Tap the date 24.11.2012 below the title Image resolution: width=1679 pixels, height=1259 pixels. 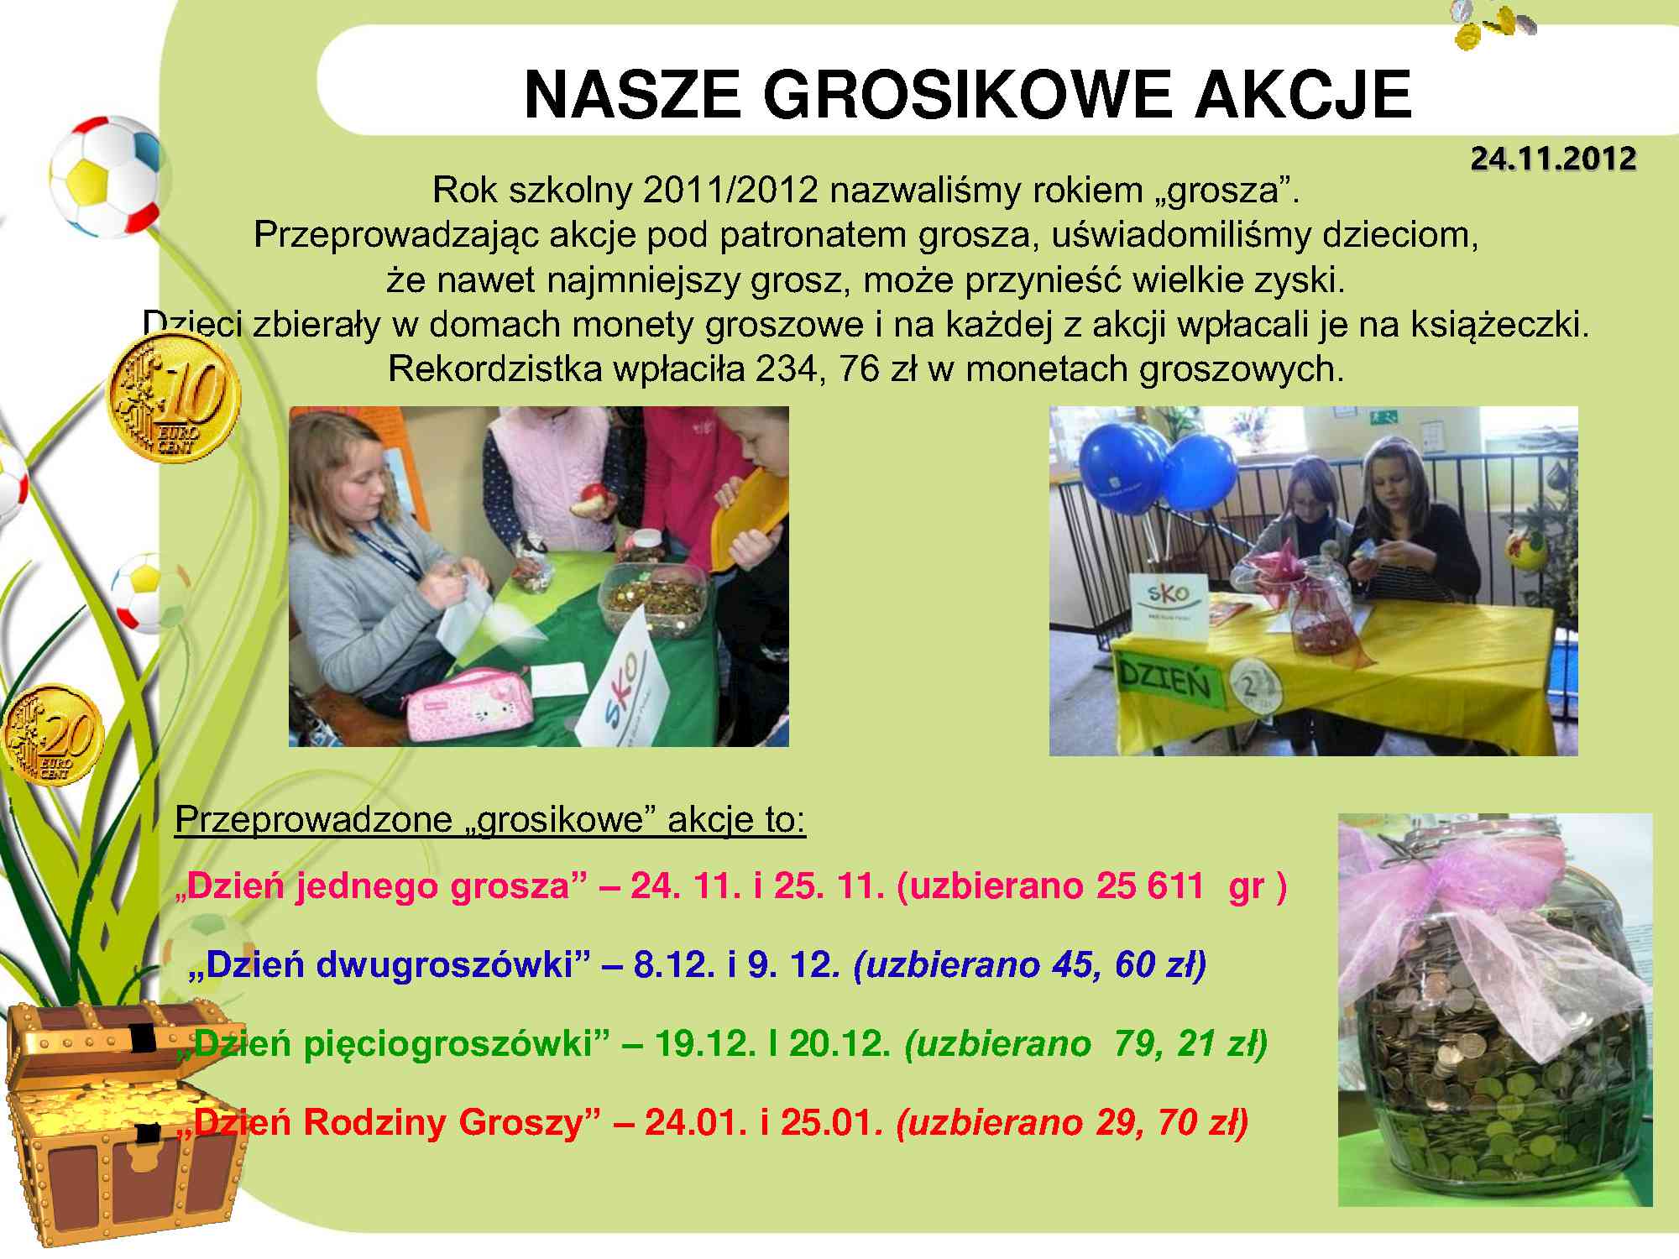1553,159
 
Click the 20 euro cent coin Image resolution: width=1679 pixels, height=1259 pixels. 52,735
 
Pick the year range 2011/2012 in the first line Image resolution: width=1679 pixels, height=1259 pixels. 730,191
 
